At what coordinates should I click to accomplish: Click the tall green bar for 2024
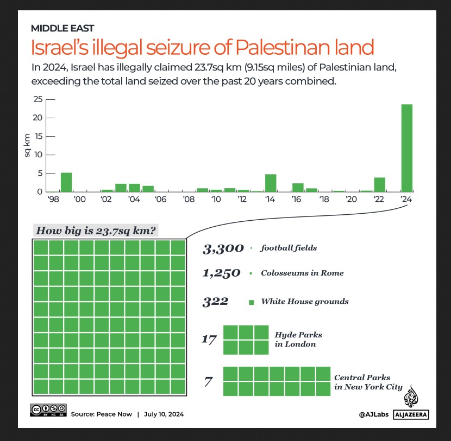pos(406,148)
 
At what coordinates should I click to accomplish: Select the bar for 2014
pos(271,183)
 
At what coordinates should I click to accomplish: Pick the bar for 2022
pos(379,184)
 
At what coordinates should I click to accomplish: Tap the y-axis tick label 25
pos(37,99)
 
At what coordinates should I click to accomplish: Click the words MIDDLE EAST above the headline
pos(62,28)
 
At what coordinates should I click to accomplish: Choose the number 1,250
pos(221,273)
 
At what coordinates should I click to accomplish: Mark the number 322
pos(215,302)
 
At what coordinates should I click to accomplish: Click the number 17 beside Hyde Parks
pos(209,340)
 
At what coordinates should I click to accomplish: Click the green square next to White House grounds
pos(251,302)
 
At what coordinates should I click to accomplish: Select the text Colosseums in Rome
pos(302,273)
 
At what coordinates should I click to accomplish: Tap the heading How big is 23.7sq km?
pos(96,231)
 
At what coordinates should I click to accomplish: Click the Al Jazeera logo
pos(415,404)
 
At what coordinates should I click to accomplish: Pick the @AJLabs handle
pos(372,414)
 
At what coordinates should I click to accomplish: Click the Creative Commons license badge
pos(48,411)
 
